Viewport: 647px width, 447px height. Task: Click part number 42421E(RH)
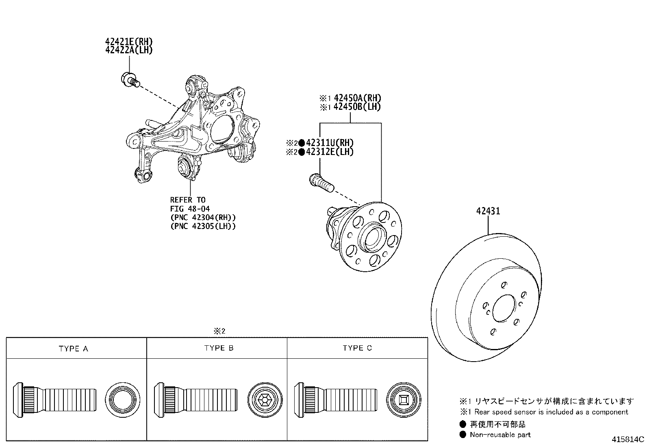(x=129, y=42)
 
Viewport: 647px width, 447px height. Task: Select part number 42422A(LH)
(x=129, y=50)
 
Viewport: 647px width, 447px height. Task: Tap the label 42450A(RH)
(x=357, y=98)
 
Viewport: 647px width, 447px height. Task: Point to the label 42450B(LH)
(x=357, y=107)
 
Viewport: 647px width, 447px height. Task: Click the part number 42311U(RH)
(x=330, y=143)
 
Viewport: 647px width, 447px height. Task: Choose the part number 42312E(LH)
(x=330, y=152)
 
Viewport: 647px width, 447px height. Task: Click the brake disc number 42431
(x=488, y=211)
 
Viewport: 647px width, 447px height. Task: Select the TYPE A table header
(x=74, y=349)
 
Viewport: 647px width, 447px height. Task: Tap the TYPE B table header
(x=219, y=348)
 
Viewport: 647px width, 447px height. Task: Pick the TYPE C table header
(x=357, y=348)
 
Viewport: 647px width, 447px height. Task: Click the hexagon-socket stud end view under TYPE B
(x=265, y=400)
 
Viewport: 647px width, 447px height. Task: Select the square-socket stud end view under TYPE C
(x=404, y=400)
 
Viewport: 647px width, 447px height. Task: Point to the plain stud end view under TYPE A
(x=122, y=400)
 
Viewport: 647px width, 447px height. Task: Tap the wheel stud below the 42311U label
(x=321, y=183)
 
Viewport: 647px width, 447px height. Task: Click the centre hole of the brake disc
(x=504, y=308)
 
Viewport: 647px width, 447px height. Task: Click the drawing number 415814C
(x=627, y=440)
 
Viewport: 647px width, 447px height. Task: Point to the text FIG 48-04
(x=190, y=209)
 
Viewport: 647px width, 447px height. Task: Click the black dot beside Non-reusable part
(x=463, y=434)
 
